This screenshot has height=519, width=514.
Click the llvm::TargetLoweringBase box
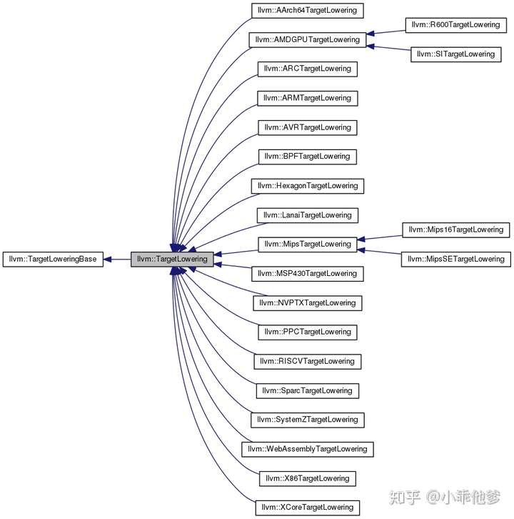click(54, 258)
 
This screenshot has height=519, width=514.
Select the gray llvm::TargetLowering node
click(171, 258)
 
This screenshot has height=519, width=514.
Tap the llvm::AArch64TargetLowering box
click(308, 11)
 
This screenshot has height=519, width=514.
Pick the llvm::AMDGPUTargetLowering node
click(307, 39)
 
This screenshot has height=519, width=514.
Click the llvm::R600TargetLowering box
click(455, 25)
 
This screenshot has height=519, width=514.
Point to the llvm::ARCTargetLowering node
click(307, 69)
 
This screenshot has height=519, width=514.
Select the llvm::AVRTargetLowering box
click(307, 127)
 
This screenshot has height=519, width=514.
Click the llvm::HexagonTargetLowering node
click(307, 186)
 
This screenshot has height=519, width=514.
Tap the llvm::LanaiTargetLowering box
click(307, 215)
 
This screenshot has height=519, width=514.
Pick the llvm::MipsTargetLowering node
click(307, 244)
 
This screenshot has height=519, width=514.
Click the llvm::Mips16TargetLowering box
click(456, 229)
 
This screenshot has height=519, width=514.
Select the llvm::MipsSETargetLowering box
click(456, 259)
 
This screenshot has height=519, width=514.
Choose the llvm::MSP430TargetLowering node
click(307, 273)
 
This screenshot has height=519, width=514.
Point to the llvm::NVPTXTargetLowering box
click(307, 302)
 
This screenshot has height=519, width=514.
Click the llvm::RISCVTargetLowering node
click(307, 361)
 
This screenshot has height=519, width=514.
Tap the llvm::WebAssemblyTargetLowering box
click(307, 449)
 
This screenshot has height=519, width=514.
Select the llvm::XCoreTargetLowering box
click(307, 507)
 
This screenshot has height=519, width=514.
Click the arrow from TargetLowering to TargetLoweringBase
click(118, 258)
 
